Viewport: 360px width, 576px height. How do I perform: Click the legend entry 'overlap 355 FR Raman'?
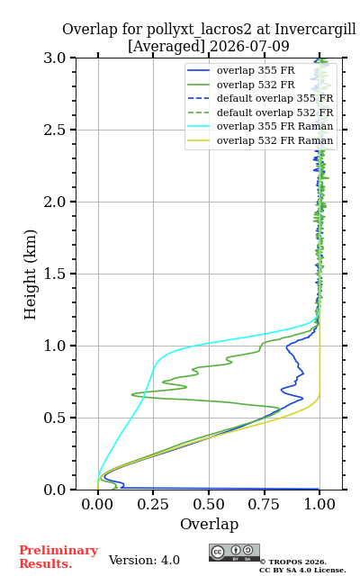click(260, 126)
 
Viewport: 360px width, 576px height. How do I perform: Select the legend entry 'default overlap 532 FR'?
click(260, 112)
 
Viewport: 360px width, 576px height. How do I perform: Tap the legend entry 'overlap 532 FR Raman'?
click(260, 140)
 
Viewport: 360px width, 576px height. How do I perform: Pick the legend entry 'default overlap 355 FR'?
click(260, 98)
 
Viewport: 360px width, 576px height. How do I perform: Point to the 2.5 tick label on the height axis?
click(55, 130)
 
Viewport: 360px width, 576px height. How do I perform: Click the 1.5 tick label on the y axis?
click(55, 274)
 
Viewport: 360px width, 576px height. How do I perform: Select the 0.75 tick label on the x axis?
click(264, 504)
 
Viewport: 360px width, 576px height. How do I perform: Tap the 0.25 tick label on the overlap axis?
click(153, 504)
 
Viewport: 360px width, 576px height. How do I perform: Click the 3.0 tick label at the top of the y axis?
click(55, 58)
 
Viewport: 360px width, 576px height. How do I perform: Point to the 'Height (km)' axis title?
click(31, 274)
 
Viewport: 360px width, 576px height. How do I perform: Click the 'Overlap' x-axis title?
click(210, 524)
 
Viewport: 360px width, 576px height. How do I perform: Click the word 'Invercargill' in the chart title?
click(316, 29)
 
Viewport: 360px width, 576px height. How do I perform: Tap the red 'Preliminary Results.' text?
click(58, 557)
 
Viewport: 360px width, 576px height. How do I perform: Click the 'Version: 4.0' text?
click(144, 560)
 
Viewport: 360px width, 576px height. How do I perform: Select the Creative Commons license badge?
click(234, 553)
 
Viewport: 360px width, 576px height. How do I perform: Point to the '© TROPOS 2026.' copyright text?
click(293, 562)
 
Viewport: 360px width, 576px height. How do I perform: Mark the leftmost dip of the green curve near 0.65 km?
click(132, 394)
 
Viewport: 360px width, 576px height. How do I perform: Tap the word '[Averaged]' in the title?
click(166, 46)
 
